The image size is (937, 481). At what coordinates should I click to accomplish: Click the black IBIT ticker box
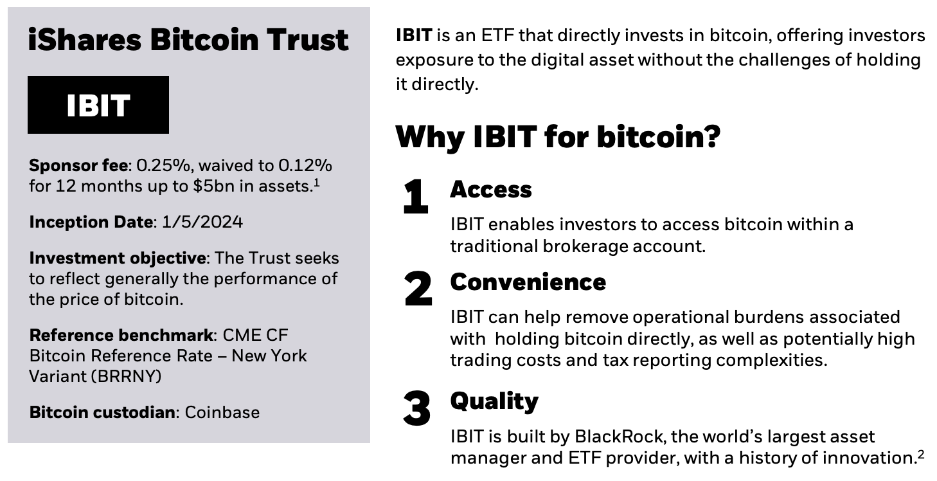click(98, 105)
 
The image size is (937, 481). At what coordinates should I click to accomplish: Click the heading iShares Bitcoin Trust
click(188, 40)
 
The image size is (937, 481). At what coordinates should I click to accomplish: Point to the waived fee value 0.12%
click(305, 165)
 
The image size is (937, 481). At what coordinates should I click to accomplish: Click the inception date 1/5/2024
click(202, 222)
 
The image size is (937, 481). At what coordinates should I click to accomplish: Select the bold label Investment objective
click(118, 259)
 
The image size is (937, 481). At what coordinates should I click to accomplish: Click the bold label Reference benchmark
click(121, 335)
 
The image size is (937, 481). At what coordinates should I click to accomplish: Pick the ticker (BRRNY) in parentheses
click(127, 376)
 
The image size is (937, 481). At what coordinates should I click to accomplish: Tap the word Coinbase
click(222, 412)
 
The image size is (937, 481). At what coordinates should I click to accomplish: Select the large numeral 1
click(416, 197)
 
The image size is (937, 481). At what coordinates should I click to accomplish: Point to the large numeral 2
click(418, 290)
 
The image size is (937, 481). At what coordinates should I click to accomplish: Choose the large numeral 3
click(417, 409)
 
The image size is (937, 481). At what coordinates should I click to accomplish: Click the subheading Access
click(491, 189)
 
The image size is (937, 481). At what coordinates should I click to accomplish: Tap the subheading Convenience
click(528, 282)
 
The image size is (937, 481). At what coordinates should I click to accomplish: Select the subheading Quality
click(494, 401)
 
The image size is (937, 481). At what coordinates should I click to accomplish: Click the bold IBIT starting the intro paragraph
click(414, 35)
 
